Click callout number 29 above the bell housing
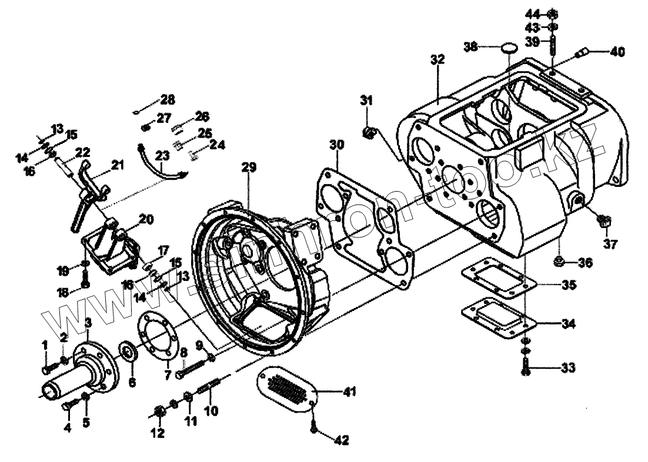click(248, 168)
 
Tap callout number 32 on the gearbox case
click(437, 59)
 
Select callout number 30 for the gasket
click(336, 143)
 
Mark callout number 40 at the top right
click(617, 51)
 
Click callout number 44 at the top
click(532, 14)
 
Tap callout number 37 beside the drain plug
click(610, 243)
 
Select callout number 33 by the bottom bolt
click(567, 369)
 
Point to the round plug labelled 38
click(509, 47)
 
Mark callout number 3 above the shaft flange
click(88, 322)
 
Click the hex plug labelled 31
click(368, 132)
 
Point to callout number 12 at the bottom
click(157, 434)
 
